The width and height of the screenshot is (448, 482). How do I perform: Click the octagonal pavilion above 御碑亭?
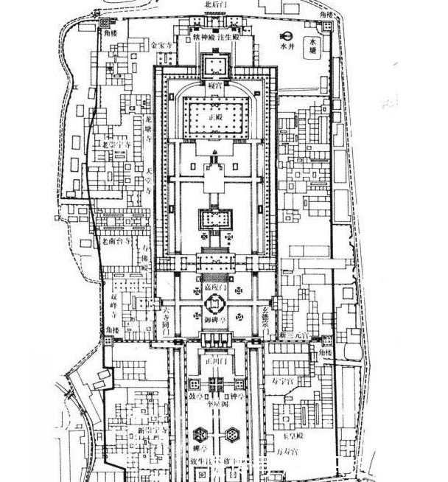click(214, 303)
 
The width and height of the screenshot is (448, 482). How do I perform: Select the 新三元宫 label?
click(294, 336)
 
